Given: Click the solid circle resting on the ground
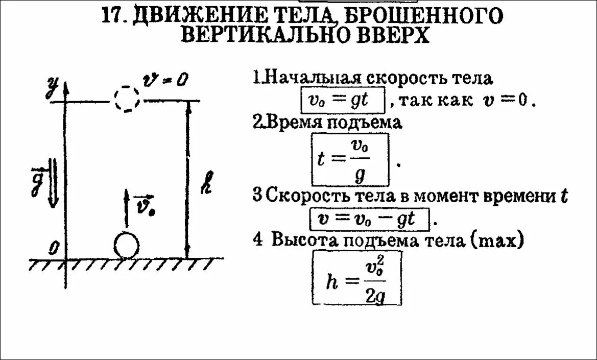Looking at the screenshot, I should click(x=127, y=246).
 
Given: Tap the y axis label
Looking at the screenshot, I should click(x=51, y=87).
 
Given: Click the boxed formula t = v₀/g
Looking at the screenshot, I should click(x=350, y=159).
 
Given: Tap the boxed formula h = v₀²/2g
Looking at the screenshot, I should click(x=356, y=279).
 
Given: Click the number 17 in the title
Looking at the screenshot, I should click(x=113, y=15).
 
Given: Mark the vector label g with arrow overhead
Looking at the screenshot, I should click(x=37, y=181).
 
